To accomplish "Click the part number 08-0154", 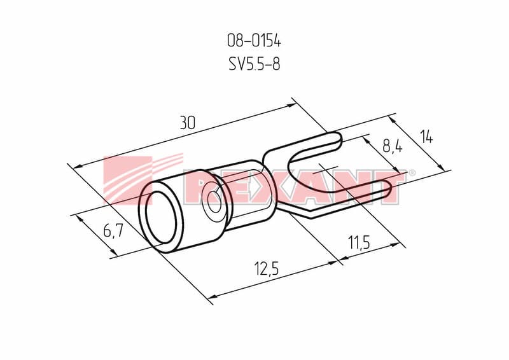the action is [x=254, y=41].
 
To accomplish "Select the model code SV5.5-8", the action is [x=254, y=64].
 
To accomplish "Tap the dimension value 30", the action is [x=188, y=123].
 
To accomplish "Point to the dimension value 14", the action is [x=426, y=137].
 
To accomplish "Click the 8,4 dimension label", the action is [x=393, y=146].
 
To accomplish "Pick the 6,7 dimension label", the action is [x=113, y=231].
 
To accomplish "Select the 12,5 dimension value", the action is [x=267, y=269].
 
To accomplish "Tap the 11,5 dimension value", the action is [x=359, y=242].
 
